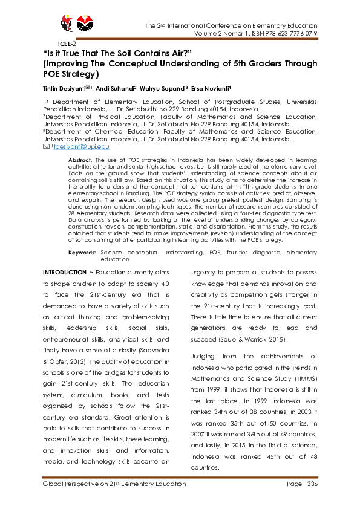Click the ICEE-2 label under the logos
point(67,44)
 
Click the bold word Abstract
point(79,159)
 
